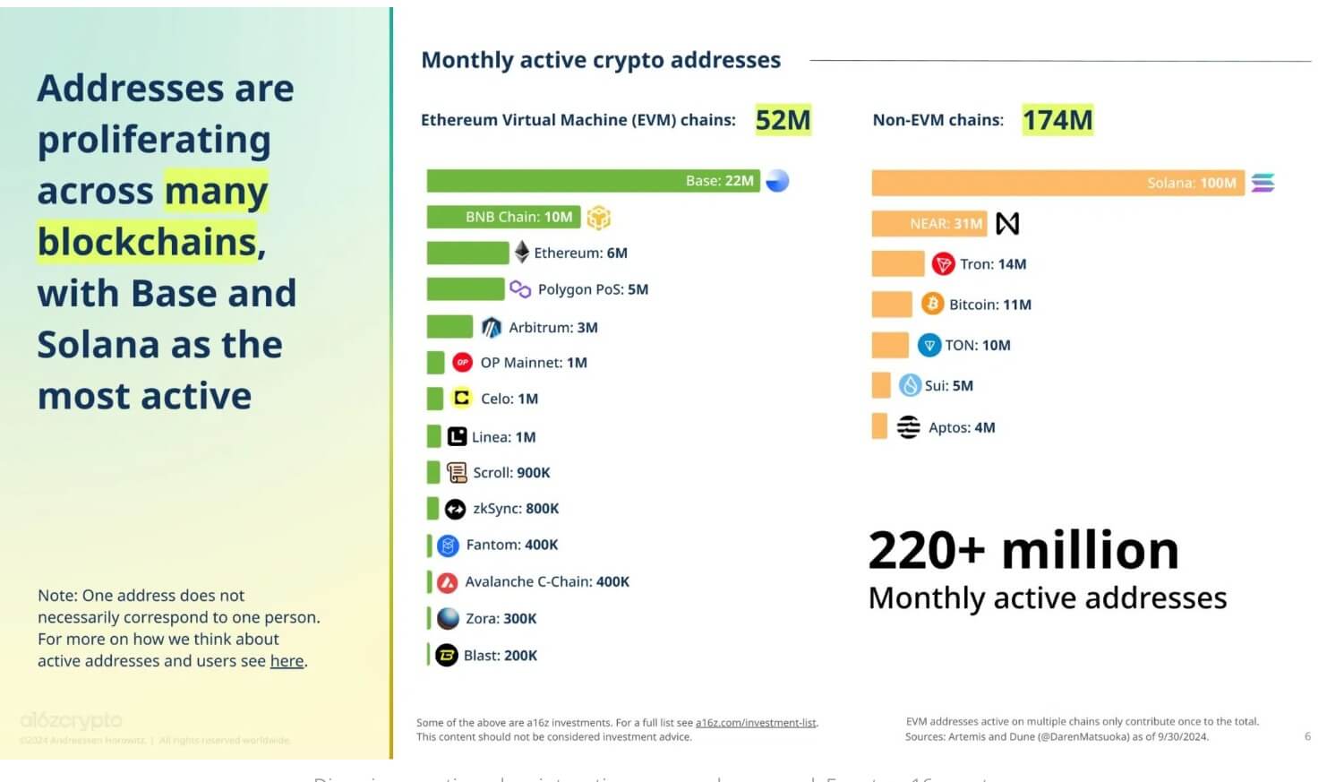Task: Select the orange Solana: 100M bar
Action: (1057, 183)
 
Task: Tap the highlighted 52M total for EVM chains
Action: (783, 120)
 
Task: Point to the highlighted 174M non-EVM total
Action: (1057, 120)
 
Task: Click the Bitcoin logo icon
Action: (932, 304)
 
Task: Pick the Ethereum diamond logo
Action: (521, 253)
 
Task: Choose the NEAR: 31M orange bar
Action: (929, 223)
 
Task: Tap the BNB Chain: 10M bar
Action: (503, 217)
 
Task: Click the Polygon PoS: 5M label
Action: (593, 289)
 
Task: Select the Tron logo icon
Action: (943, 263)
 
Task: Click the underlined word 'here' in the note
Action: (287, 661)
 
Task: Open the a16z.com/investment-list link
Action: (756, 723)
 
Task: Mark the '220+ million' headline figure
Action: (1023, 550)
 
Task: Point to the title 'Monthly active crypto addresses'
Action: (601, 60)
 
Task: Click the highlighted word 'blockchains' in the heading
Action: (148, 242)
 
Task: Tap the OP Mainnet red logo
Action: (462, 362)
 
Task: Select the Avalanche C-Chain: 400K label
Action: (546, 581)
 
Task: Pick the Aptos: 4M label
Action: (962, 427)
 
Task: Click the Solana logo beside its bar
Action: (1263, 183)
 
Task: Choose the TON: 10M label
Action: (977, 345)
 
